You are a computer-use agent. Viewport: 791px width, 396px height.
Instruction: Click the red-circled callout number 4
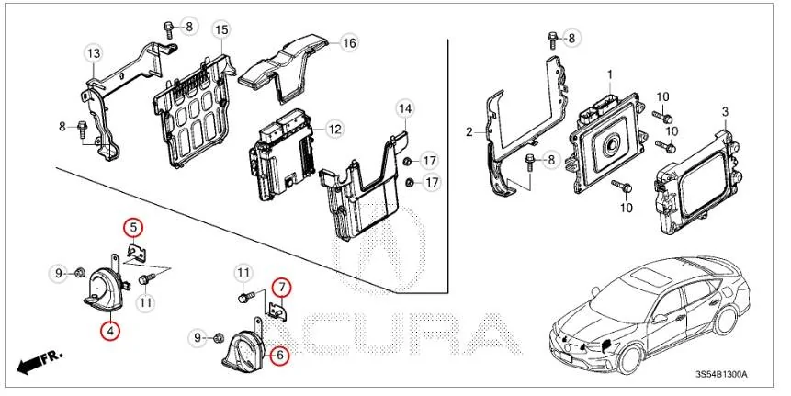[109, 331]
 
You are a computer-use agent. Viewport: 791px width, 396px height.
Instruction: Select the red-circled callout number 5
[133, 226]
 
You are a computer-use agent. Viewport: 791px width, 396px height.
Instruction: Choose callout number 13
[93, 54]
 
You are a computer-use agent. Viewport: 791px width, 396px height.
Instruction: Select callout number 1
[608, 73]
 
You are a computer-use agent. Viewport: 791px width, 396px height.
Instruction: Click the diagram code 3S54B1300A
[721, 375]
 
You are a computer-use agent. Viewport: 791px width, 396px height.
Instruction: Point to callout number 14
[405, 108]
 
